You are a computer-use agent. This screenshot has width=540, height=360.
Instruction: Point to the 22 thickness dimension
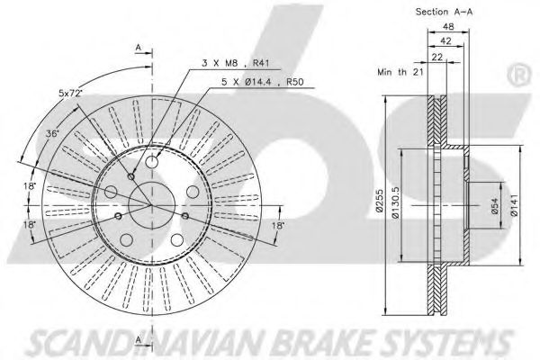[438, 56]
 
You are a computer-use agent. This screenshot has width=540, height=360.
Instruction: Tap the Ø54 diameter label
[493, 206]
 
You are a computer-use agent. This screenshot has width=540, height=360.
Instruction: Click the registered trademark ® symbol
[520, 71]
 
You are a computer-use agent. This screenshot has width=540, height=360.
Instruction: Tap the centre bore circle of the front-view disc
[141, 204]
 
